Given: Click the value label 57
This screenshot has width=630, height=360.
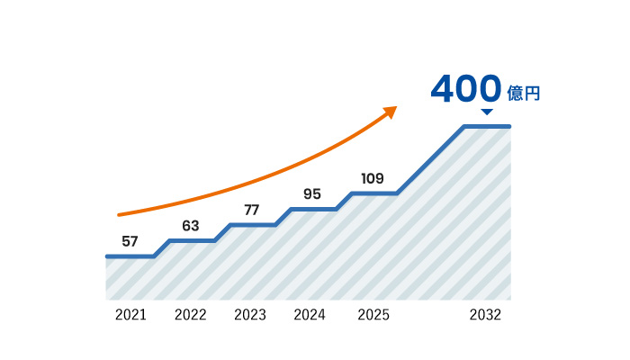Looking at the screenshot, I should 130,241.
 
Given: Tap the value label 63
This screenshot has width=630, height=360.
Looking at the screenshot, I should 190,226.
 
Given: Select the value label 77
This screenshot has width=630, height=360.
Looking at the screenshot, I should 251,210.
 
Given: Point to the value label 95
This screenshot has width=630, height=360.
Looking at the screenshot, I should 312,193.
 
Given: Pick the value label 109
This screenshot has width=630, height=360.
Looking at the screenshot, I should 373,178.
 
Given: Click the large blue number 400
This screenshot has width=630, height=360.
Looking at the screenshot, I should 465,89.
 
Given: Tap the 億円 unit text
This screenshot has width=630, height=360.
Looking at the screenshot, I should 523,93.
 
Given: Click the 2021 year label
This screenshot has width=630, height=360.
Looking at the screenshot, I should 130,315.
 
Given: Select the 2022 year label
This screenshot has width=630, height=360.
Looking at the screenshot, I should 191,315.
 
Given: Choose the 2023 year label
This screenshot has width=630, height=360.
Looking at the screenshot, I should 250,315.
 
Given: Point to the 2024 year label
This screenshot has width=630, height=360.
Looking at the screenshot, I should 310,315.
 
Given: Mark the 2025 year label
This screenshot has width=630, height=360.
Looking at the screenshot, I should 373,315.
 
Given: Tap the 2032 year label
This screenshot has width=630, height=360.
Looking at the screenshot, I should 485,315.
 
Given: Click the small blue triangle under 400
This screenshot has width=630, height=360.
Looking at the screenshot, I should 487,112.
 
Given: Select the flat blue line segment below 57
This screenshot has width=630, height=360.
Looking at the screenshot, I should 130,256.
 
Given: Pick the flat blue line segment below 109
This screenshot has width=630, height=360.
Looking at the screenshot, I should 373,193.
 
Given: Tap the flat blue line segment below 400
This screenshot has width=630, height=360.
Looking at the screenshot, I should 487,126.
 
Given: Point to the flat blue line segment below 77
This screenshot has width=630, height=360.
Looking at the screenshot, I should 252,225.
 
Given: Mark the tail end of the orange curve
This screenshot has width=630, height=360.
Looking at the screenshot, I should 120,215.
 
